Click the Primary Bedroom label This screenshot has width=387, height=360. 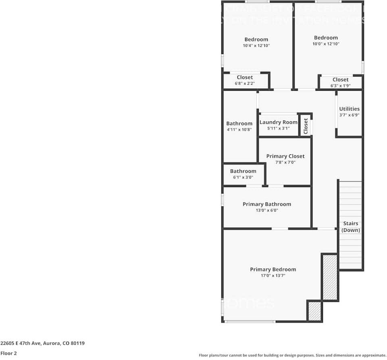pos(273,269)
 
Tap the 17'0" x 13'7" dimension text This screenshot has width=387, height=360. pos(273,276)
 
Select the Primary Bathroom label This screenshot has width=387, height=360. pos(266,204)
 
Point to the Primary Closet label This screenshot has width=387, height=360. pos(285,156)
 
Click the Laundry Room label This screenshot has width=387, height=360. pos(278,122)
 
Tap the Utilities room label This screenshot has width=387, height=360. pos(349,109)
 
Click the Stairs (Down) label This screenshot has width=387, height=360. pos(350,227)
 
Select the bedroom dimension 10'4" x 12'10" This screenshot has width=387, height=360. pos(256,46)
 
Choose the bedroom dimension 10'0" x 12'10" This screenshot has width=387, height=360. pos(326,44)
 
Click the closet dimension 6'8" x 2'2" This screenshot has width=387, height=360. pos(245,83)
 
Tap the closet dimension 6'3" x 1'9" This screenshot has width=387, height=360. pos(340,86)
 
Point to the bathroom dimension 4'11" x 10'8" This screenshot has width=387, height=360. pos(239,130)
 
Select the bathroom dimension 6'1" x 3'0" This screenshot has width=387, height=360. pos(243,177)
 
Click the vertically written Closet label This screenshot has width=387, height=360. pos(306,126)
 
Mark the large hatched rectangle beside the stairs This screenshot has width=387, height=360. pos(329,277)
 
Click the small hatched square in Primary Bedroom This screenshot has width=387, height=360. pos(314,311)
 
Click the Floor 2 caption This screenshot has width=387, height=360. pos(8,353)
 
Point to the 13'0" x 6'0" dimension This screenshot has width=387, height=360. pos(266,210)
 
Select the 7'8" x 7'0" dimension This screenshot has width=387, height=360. pos(285,162)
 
